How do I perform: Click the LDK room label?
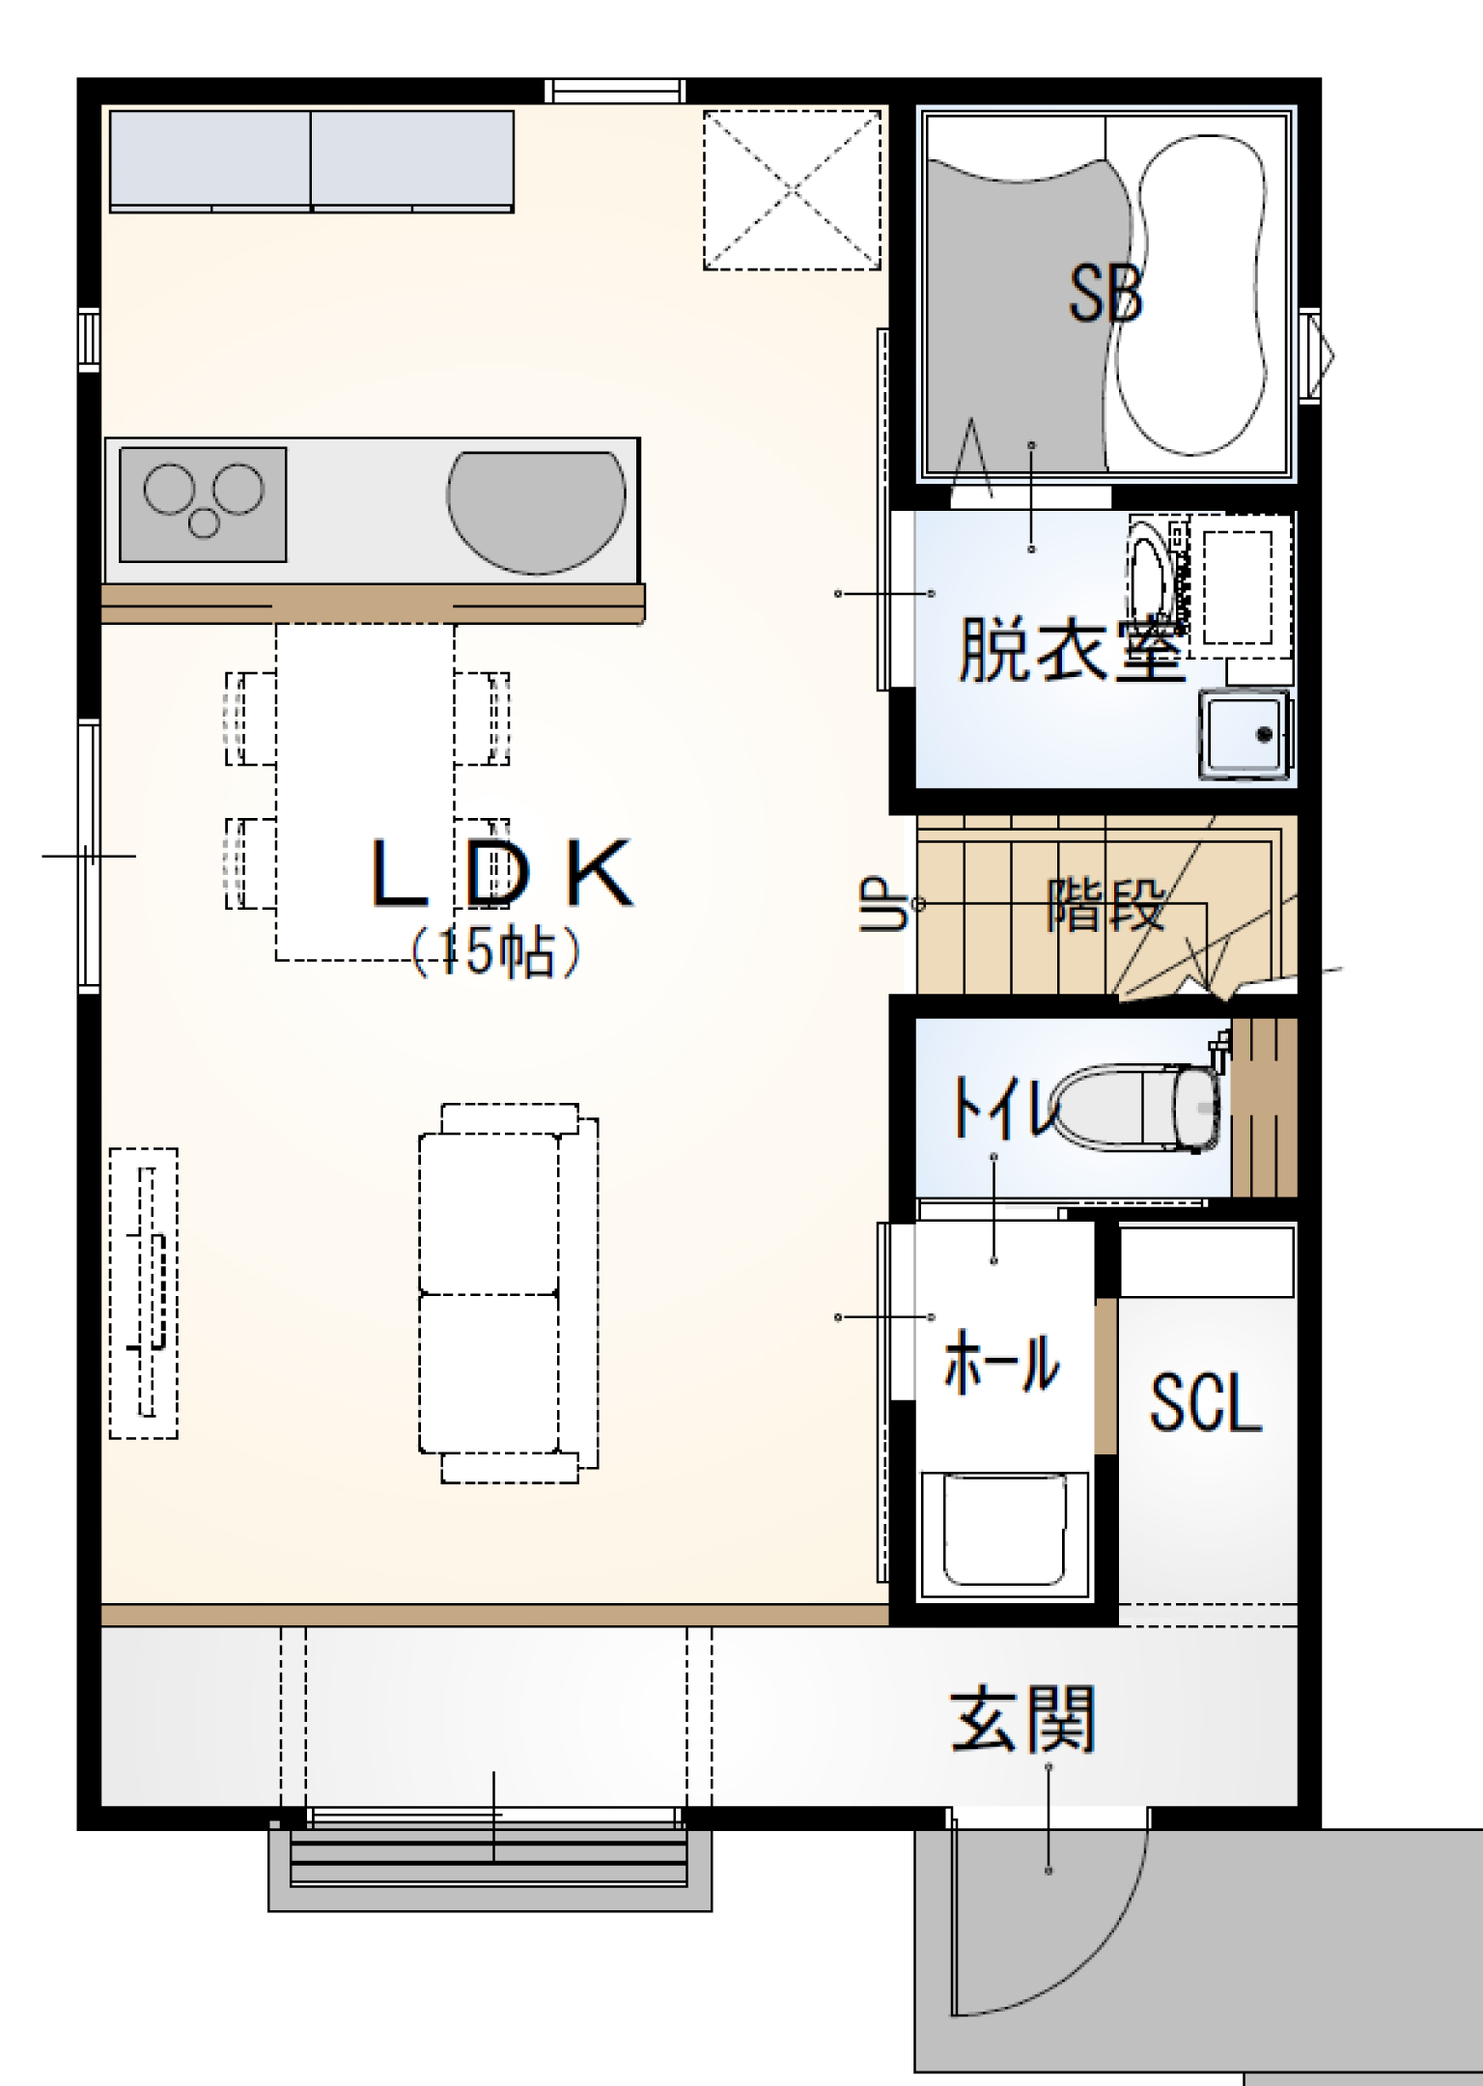pyautogui.click(x=502, y=873)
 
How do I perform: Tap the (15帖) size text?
pyautogui.click(x=496, y=952)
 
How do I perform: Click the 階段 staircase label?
pyautogui.click(x=1106, y=904)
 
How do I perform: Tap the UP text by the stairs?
pyautogui.click(x=884, y=903)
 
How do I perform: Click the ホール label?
pyautogui.click(x=1001, y=1362)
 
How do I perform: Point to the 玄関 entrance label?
pyautogui.click(x=1022, y=1720)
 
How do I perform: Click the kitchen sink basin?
pyautogui.click(x=536, y=512)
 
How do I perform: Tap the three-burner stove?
pyautogui.click(x=203, y=504)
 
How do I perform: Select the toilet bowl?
pyautogui.click(x=1137, y=1108)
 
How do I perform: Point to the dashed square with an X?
pyautogui.click(x=792, y=190)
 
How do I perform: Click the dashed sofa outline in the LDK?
pyautogui.click(x=509, y=1293)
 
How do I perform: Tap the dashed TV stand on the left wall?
pyautogui.click(x=144, y=1293)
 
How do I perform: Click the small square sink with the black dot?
pyautogui.click(x=1245, y=734)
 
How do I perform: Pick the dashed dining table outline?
pyautogui.click(x=365, y=792)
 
